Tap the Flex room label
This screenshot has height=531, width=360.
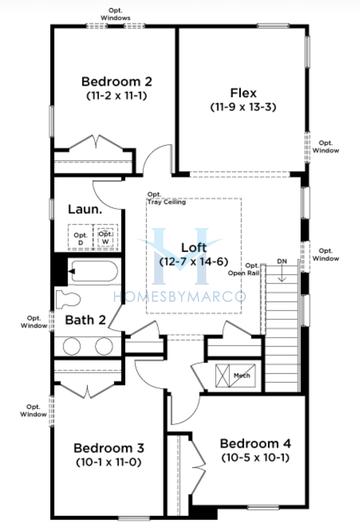[243, 91]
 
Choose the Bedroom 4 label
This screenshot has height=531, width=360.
[254, 443]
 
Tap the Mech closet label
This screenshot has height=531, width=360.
[242, 377]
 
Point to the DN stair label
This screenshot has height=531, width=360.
[282, 262]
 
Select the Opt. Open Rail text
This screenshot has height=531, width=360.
[243, 267]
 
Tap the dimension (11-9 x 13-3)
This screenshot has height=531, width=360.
[243, 106]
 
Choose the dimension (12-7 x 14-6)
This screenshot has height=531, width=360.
[193, 262]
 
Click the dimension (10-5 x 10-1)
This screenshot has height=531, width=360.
[254, 458]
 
